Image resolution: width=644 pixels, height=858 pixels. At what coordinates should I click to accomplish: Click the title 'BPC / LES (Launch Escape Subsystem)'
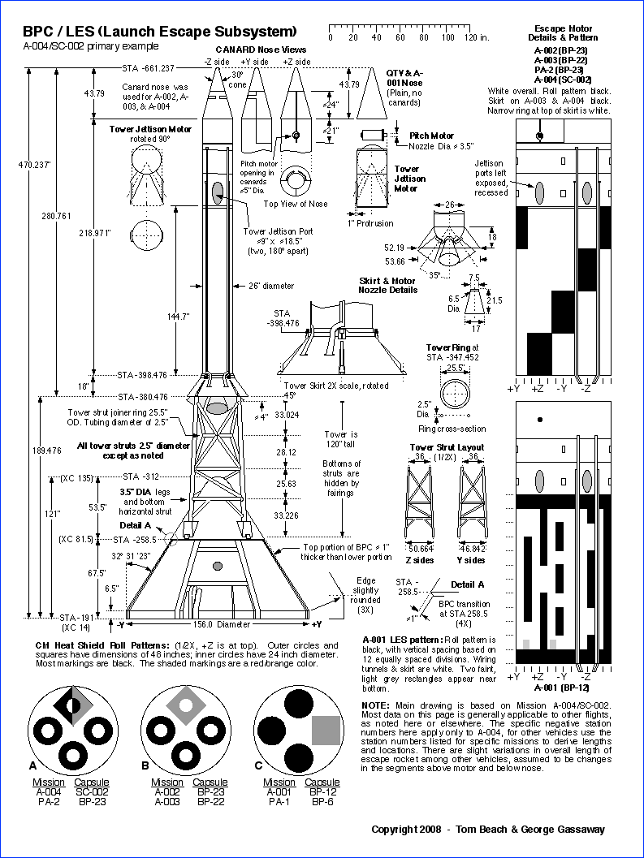[x=159, y=32]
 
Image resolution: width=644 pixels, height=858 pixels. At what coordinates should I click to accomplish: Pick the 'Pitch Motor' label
[x=431, y=136]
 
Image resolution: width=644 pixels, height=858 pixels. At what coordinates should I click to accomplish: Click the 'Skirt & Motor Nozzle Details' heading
[x=387, y=286]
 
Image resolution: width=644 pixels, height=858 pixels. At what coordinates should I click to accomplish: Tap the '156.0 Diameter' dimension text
[x=222, y=624]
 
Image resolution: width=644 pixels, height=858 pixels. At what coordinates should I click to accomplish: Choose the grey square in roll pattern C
[x=326, y=731]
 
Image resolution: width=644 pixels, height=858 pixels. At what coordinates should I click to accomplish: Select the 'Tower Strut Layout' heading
[x=447, y=447]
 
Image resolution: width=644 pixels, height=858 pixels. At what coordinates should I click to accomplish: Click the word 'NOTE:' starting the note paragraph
[x=378, y=704]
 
